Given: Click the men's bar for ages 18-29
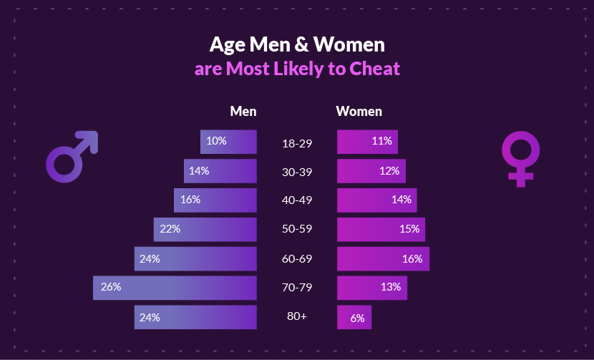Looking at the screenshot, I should click(x=228, y=142).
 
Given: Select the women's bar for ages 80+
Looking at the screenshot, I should click(x=354, y=318).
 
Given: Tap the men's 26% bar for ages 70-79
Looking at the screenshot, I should click(x=175, y=288).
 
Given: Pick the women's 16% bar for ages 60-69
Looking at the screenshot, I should click(x=383, y=258).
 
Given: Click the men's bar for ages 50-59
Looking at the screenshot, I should click(x=205, y=229).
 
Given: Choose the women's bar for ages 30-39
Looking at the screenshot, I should click(x=371, y=171).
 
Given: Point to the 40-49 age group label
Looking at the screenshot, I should click(x=297, y=200).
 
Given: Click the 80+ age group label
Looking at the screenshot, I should click(x=297, y=316).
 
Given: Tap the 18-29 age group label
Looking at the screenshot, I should click(x=297, y=143).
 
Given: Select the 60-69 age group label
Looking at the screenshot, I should click(x=297, y=258).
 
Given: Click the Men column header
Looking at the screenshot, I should click(x=243, y=112).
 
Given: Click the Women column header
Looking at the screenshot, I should click(x=359, y=112).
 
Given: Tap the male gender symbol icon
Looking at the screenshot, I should click(x=72, y=156).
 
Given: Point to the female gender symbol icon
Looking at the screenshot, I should click(x=520, y=158).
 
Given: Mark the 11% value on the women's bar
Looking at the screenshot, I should click(x=381, y=142).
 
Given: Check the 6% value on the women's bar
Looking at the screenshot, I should click(x=358, y=318).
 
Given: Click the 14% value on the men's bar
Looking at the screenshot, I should click(x=199, y=171).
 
